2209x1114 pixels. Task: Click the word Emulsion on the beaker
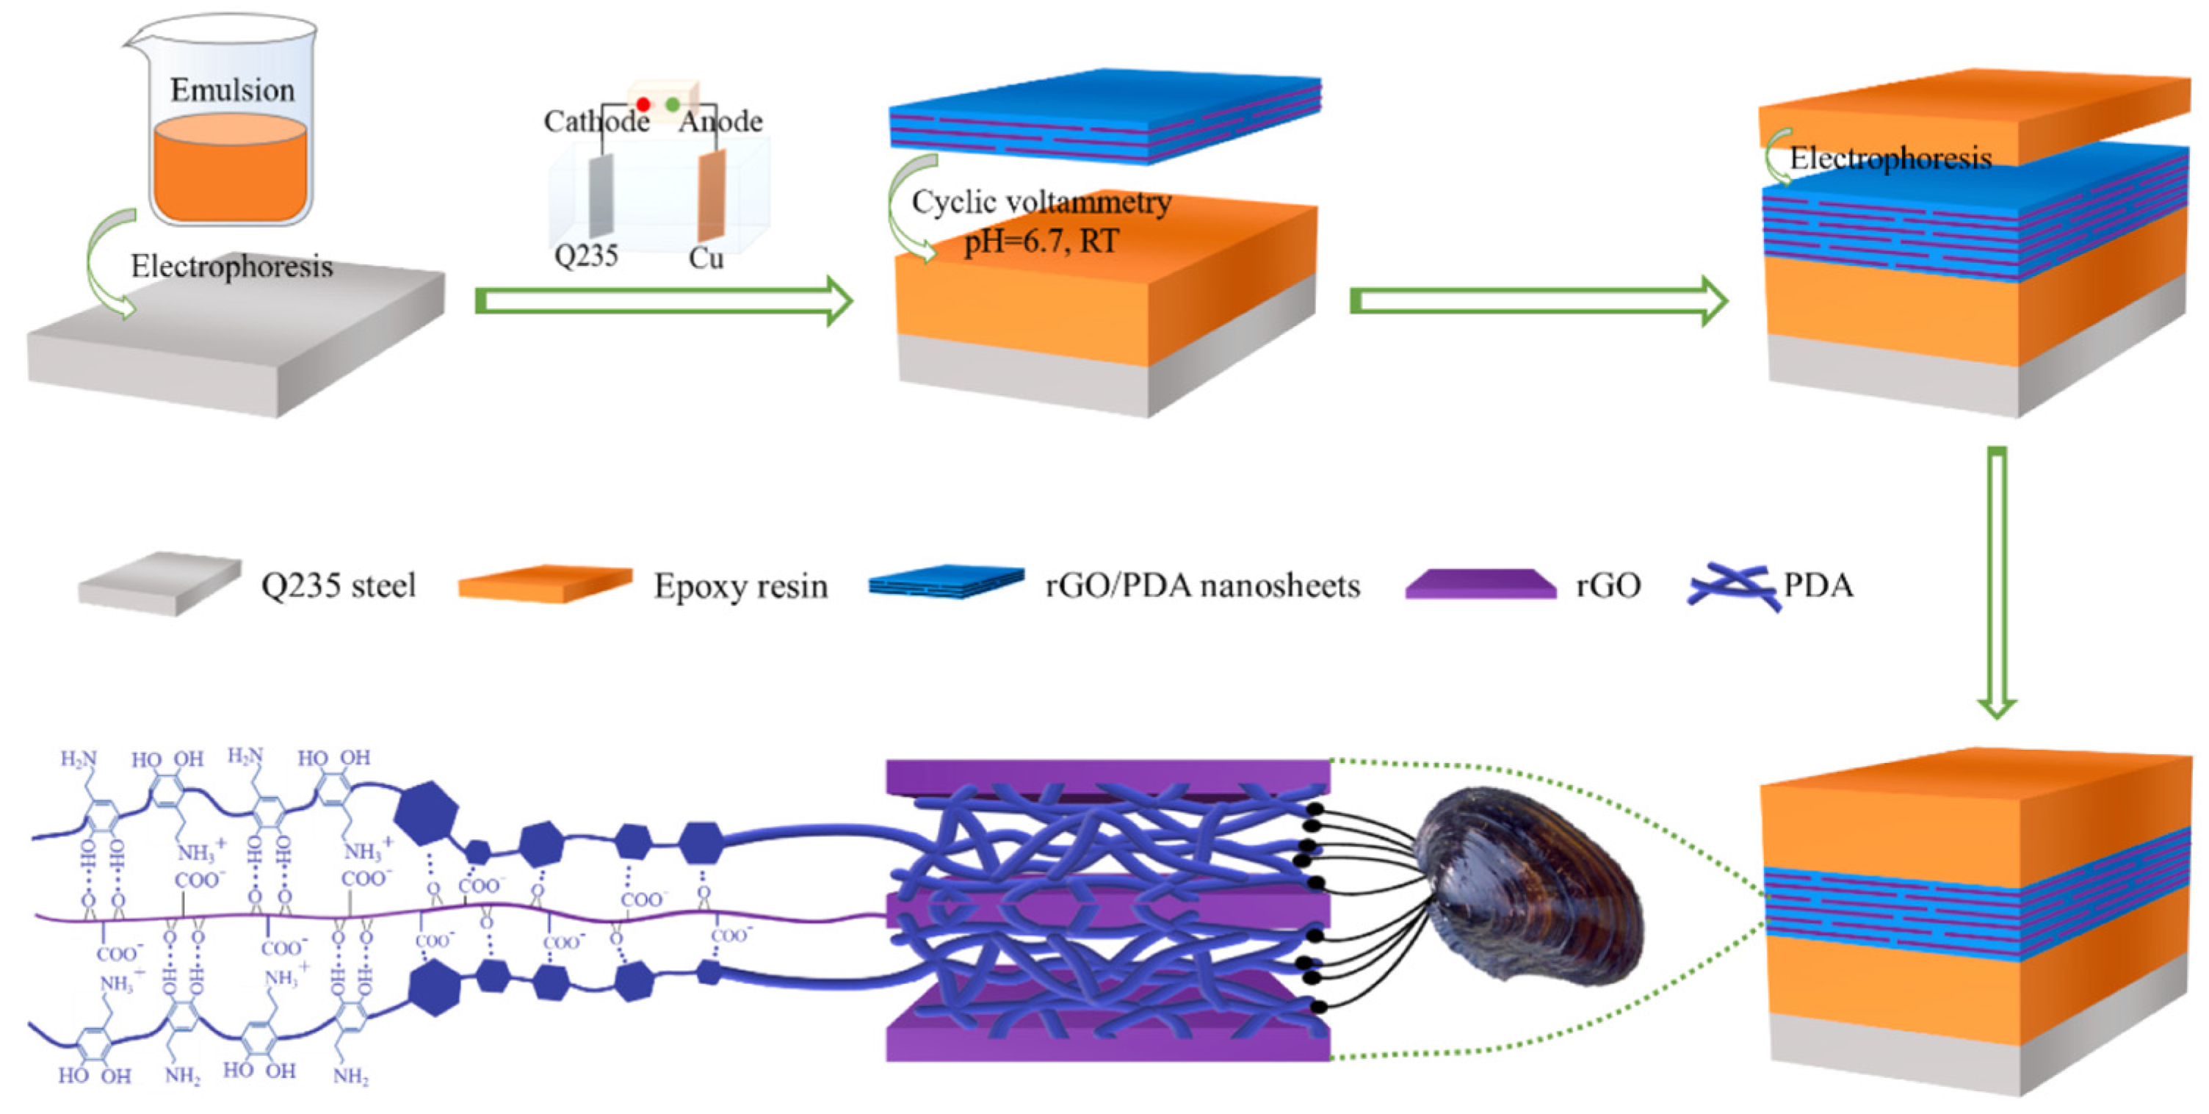point(231,90)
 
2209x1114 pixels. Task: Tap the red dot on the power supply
point(643,104)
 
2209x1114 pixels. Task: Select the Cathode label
point(597,122)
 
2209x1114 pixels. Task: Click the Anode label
point(720,122)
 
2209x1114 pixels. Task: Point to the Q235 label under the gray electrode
point(586,256)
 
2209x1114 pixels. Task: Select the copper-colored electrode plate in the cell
point(711,195)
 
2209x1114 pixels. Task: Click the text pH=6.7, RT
point(1041,241)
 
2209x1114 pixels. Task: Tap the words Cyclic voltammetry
point(1041,203)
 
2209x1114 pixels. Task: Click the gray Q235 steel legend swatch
point(159,583)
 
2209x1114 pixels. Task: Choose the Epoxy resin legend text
point(741,587)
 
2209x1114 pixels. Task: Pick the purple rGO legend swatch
point(1480,585)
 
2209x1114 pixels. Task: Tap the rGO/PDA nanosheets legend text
point(1202,587)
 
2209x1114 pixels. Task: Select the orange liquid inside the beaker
point(230,172)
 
